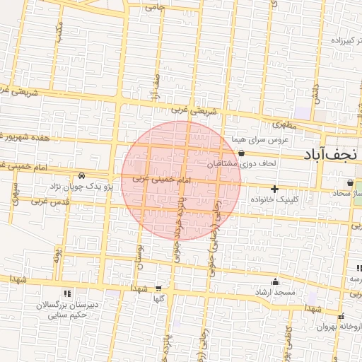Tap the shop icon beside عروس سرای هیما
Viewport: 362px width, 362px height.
(x=242, y=153)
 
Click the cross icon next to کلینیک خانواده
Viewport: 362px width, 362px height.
(x=274, y=189)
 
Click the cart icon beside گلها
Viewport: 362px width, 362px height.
(x=158, y=288)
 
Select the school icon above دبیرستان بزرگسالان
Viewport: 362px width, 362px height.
(x=66, y=293)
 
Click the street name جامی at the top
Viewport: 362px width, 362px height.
(x=153, y=8)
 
